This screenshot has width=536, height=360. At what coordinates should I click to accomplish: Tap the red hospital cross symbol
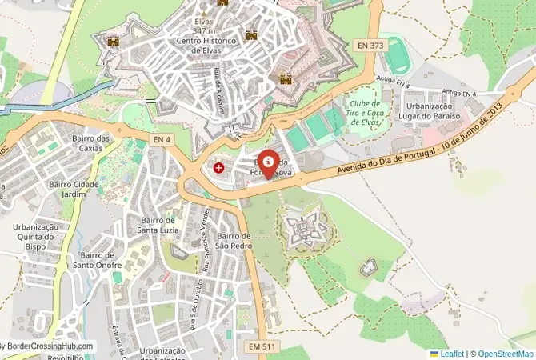(x=219, y=168)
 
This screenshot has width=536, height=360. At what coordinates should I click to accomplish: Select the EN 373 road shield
(x=372, y=46)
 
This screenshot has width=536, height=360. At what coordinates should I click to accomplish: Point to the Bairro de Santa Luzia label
(x=158, y=226)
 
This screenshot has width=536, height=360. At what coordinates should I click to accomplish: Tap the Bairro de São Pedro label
(x=234, y=241)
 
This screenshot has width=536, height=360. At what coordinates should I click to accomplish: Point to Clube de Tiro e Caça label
(x=366, y=113)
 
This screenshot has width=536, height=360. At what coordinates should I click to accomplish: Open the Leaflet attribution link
(x=450, y=353)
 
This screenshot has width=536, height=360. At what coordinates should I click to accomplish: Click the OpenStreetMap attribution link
(x=505, y=353)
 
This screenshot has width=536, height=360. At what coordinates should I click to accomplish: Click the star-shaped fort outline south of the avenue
(x=302, y=231)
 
